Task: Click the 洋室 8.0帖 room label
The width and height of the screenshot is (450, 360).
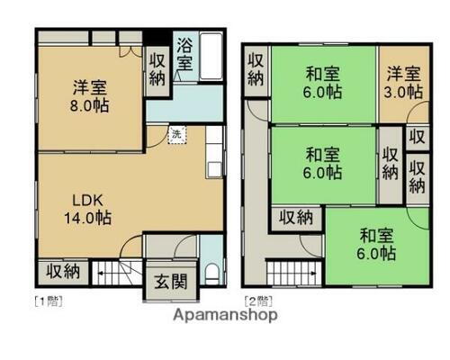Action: (x=89, y=95)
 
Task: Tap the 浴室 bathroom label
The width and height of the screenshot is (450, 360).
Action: (x=185, y=53)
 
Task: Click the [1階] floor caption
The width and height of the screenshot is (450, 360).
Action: (x=49, y=299)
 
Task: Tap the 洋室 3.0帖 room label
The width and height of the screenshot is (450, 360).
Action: (x=404, y=83)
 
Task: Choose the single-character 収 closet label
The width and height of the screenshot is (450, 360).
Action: (x=416, y=138)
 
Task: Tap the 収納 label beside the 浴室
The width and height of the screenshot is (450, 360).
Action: (x=157, y=68)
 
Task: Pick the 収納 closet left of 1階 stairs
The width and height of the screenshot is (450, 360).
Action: (x=61, y=270)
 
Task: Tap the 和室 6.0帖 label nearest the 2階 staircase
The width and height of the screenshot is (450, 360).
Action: (x=376, y=244)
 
